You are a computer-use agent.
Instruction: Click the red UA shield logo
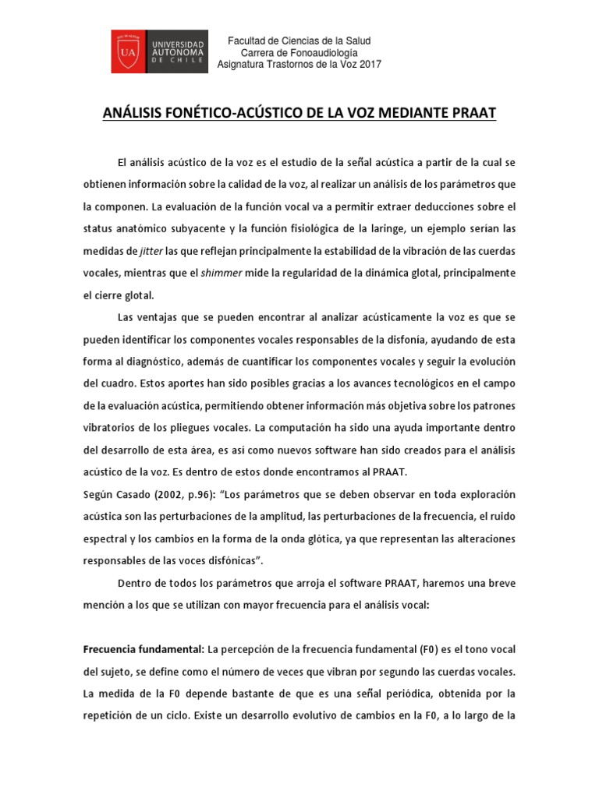point(129,52)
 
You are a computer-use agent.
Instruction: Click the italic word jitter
point(151,252)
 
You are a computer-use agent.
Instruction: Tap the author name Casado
point(139,495)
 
